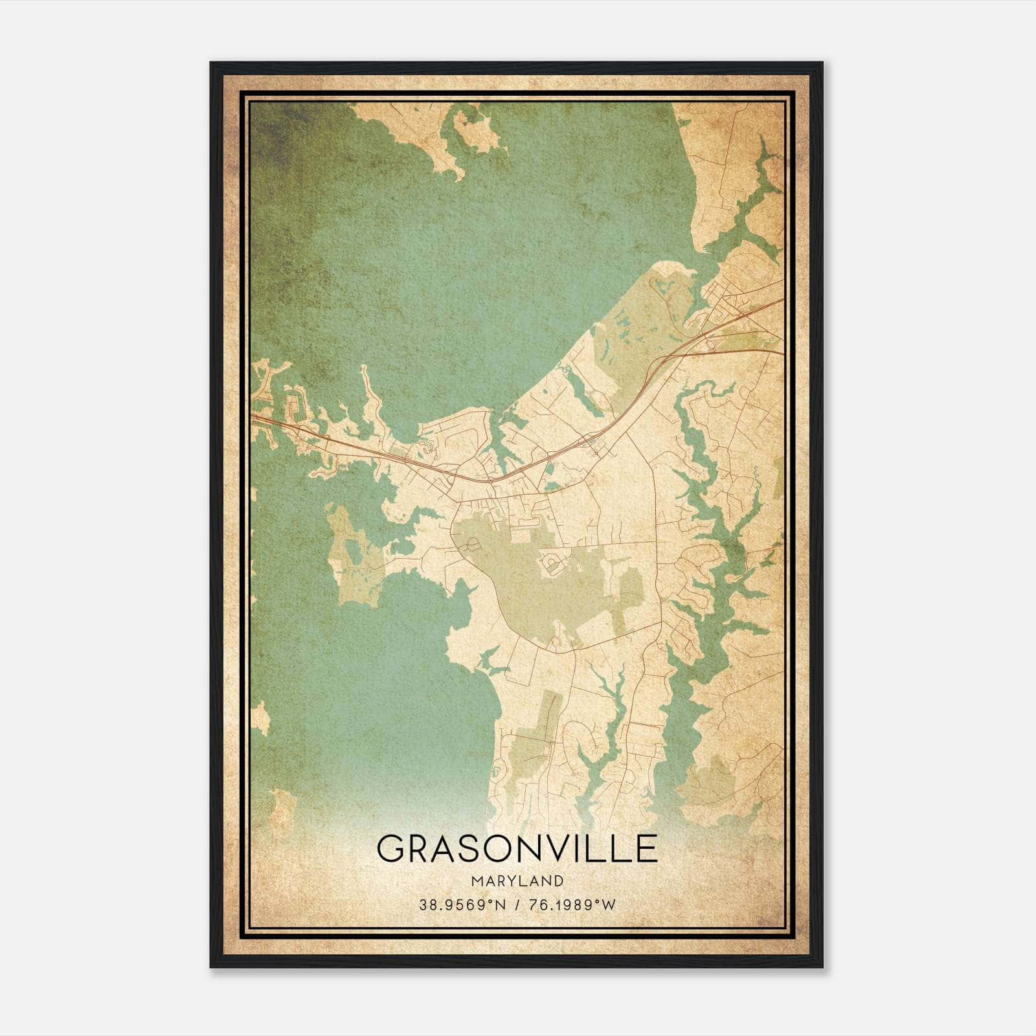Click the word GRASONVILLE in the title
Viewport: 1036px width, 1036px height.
click(x=517, y=848)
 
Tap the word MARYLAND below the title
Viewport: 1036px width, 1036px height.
click(x=517, y=881)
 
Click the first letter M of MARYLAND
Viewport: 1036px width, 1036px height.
click(x=478, y=881)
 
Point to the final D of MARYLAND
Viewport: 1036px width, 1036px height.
click(x=559, y=881)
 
